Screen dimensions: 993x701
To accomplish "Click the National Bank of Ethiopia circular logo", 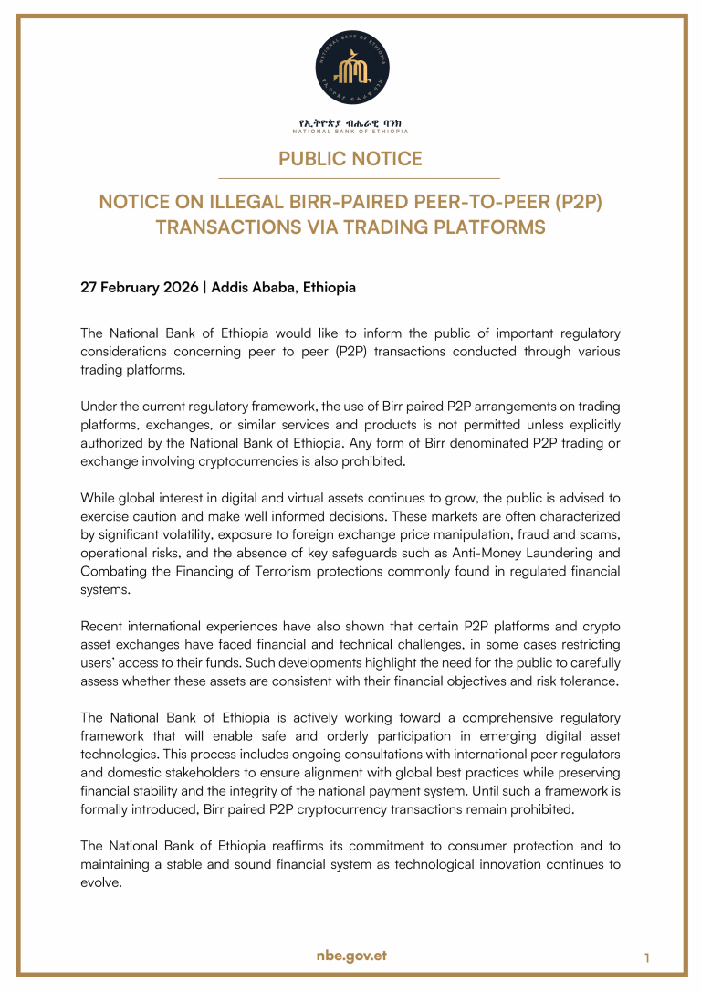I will (x=350, y=70).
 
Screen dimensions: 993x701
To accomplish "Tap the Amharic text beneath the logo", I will (x=350, y=121).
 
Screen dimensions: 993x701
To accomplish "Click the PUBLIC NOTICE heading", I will (x=350, y=159).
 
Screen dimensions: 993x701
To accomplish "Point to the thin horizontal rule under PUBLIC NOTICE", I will (x=350, y=178).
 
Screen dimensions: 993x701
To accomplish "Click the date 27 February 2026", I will (x=140, y=287).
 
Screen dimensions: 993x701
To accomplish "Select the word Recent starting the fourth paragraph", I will (x=104, y=626).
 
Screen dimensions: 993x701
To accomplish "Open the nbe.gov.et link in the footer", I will (x=350, y=955).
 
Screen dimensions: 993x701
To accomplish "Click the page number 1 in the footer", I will (x=646, y=957).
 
